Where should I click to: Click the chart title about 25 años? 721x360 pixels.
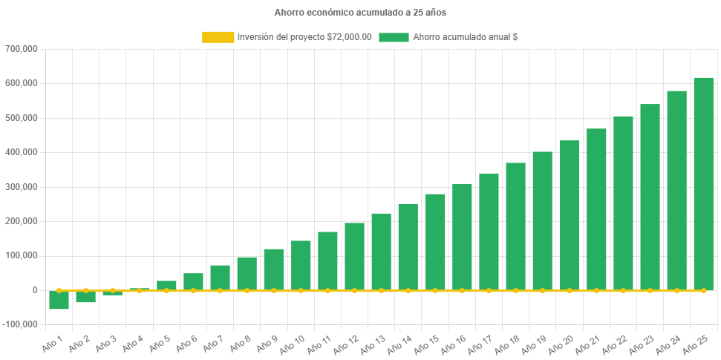(x=360, y=13)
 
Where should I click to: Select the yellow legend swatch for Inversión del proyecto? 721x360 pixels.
(x=217, y=37)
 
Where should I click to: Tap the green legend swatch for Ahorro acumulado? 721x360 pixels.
(x=394, y=37)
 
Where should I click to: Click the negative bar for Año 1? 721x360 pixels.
(x=59, y=300)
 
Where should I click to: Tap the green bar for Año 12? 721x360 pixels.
(x=354, y=256)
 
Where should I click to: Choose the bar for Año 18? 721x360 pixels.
(x=515, y=226)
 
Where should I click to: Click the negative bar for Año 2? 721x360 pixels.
(x=85, y=296)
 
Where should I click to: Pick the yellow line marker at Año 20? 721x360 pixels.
(x=570, y=290)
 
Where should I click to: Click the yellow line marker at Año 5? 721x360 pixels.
(x=166, y=290)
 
